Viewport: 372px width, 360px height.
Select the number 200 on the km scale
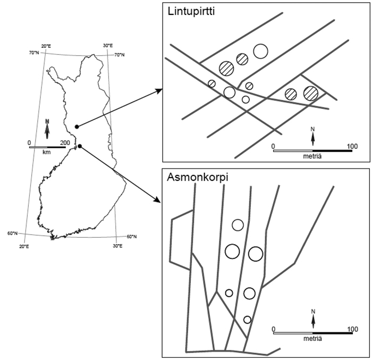65,142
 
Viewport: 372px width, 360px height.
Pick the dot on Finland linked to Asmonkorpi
79,146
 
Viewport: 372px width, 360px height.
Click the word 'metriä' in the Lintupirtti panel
312,157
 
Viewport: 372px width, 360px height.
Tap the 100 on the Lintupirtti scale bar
352,145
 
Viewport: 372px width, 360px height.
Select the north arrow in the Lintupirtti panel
312,137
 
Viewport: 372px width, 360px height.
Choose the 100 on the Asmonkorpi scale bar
352,328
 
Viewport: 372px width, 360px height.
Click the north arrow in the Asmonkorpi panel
312,319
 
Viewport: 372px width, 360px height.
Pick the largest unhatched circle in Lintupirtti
260,51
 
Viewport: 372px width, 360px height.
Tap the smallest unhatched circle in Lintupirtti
246,99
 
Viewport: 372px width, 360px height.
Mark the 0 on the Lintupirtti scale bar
273,145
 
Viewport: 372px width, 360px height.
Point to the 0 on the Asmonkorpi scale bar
273,328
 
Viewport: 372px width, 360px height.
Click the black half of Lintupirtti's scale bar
332,150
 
